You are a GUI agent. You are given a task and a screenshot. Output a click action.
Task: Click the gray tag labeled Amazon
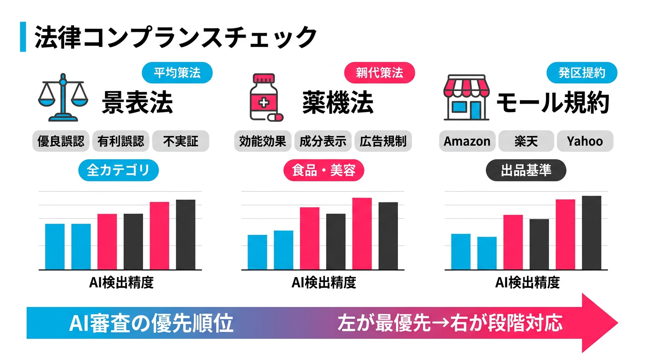coord(467,141)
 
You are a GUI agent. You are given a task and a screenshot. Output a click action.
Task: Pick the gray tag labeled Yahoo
coord(585,141)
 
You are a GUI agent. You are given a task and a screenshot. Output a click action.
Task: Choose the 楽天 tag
coord(526,141)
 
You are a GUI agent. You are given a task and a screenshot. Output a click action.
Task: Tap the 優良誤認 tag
coord(61,141)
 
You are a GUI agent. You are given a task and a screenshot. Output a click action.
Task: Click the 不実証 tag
coord(180,141)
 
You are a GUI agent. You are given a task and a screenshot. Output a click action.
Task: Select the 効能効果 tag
coord(262,141)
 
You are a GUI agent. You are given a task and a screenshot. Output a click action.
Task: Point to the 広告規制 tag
coord(383,141)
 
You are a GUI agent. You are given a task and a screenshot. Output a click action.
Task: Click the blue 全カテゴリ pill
coord(118,170)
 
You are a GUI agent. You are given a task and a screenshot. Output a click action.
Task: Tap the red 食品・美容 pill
coord(323,170)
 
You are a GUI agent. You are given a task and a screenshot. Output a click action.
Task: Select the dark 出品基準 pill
coord(526,170)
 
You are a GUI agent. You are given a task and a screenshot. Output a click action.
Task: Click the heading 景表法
coord(137,103)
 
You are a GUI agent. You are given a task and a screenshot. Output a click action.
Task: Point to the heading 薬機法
coord(337,103)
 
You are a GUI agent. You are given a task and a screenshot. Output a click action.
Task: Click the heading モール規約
coord(553,103)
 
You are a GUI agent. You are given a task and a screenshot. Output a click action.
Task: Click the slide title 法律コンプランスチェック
coord(176,37)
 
